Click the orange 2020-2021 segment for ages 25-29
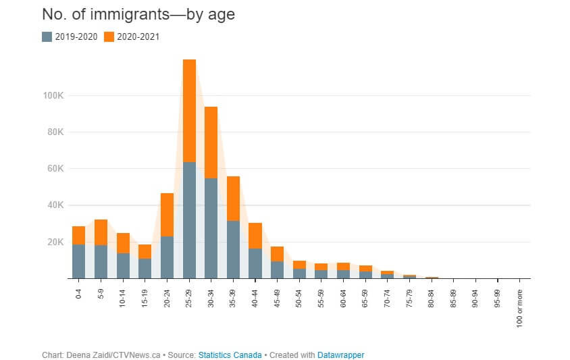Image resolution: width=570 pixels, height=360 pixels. tap(189, 111)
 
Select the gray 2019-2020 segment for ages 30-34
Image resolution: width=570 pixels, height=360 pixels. tap(211, 228)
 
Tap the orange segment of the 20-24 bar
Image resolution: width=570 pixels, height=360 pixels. tap(167, 215)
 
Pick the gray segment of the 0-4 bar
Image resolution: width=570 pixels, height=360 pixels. tap(78, 261)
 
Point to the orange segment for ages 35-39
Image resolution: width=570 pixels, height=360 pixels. tap(233, 199)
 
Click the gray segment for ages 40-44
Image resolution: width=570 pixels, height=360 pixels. tap(255, 263)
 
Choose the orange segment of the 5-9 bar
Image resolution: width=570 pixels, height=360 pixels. tap(101, 232)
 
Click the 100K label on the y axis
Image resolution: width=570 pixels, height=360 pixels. tap(54, 95)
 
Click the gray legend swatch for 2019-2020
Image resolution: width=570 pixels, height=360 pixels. tap(47, 36)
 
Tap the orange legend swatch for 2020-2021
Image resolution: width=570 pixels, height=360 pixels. tap(109, 36)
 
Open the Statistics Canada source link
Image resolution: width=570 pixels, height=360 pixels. tap(230, 355)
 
